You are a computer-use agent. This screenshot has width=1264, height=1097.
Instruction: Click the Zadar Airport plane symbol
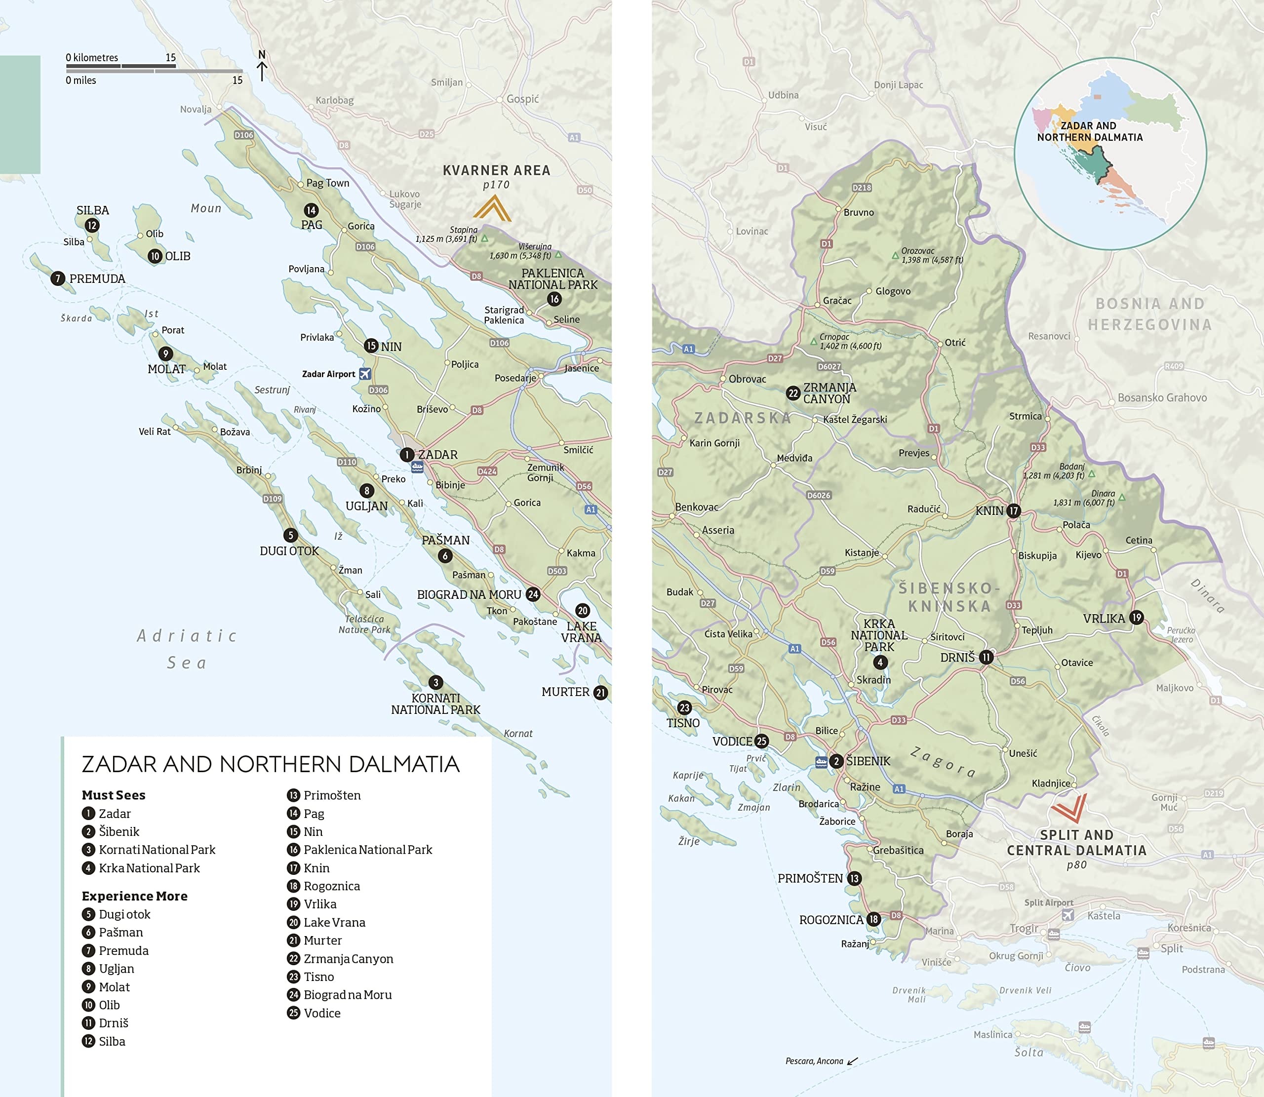point(365,373)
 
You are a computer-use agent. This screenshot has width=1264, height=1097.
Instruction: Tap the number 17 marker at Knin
point(1014,510)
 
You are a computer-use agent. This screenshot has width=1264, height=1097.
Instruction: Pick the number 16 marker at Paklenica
point(554,299)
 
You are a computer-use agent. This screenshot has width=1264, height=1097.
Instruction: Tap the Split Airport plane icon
point(1067,914)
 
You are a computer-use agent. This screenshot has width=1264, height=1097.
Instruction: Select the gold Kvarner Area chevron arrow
point(492,208)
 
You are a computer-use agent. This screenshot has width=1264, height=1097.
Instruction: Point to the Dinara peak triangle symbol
point(1122,497)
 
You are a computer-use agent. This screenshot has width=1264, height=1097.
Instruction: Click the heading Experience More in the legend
point(135,896)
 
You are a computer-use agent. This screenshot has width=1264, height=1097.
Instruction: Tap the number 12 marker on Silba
point(92,225)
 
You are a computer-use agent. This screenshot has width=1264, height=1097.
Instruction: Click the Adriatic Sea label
point(187,649)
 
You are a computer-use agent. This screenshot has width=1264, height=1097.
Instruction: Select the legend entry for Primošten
point(332,795)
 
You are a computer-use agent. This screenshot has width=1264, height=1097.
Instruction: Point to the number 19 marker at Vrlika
point(1137,617)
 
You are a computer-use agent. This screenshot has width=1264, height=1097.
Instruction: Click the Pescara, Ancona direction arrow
point(852,1061)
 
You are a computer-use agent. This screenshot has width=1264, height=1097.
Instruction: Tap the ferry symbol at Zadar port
point(417,468)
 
